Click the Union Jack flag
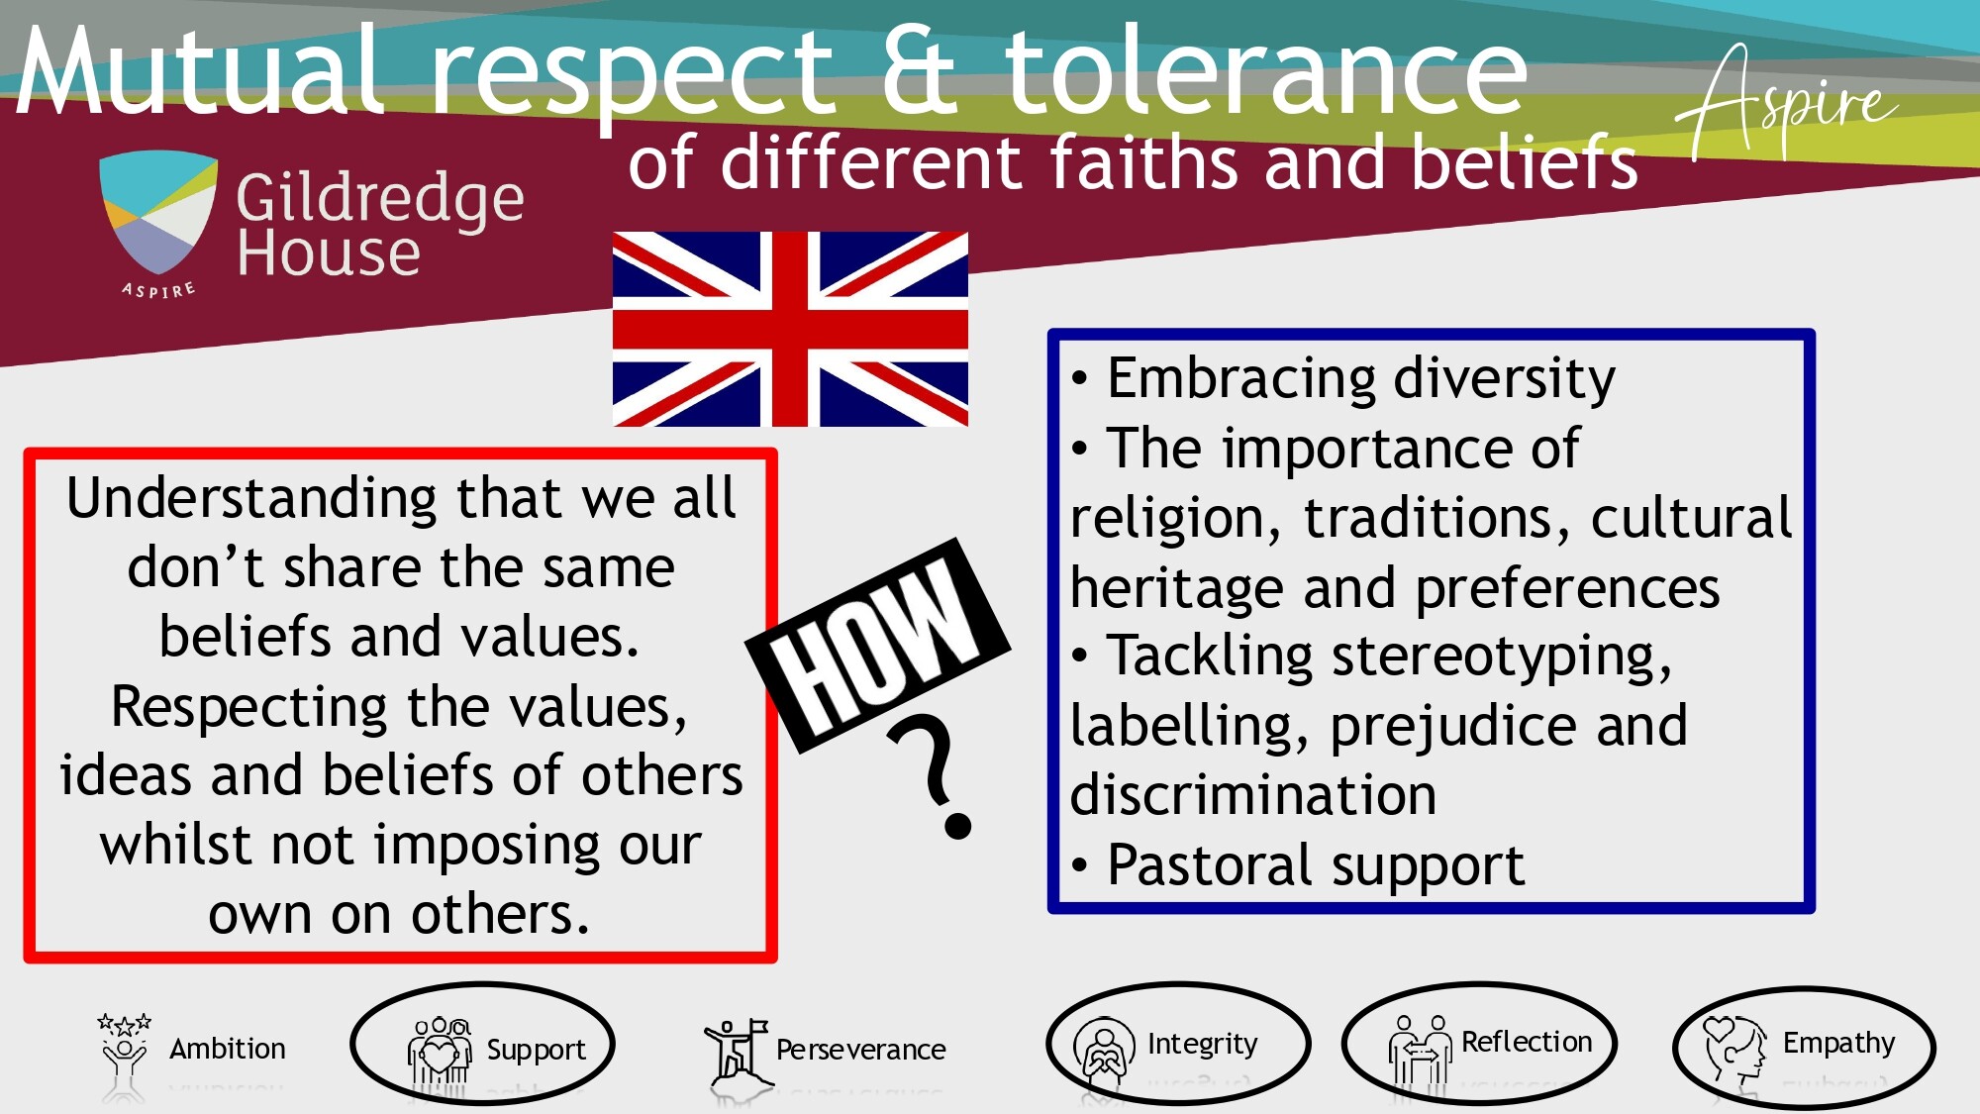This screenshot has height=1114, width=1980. [x=790, y=329]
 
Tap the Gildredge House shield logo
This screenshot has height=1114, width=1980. [x=158, y=213]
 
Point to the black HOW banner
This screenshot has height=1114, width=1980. [x=878, y=645]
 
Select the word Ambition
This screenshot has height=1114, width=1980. [x=228, y=1049]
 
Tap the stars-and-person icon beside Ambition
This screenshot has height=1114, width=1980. [x=124, y=1050]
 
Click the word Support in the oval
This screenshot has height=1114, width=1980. [x=536, y=1051]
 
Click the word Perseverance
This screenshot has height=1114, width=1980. [x=860, y=1050]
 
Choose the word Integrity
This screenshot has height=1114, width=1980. [x=1202, y=1045]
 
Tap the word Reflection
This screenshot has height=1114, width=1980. [x=1527, y=1042]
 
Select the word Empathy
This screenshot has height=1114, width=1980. [x=1838, y=1044]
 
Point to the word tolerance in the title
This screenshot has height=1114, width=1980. [x=1266, y=69]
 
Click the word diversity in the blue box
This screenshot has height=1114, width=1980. [x=1504, y=379]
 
